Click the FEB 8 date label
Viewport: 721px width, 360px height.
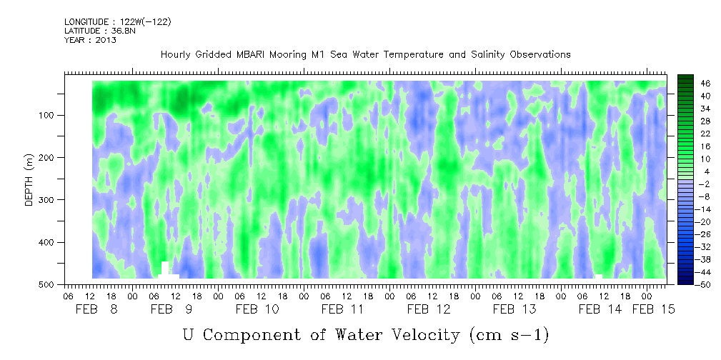click(x=96, y=309)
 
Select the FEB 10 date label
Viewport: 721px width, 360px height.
click(x=257, y=309)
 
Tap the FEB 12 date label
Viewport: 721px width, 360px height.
click(x=429, y=309)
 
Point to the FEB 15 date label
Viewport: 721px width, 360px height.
click(x=653, y=309)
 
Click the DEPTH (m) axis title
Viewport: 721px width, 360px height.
click(x=29, y=180)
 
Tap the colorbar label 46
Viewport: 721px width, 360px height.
click(x=692, y=84)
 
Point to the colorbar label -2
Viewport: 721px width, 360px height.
click(x=692, y=184)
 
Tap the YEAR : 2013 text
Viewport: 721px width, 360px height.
click(x=90, y=40)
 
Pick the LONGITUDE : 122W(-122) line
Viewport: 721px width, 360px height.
click(x=118, y=21)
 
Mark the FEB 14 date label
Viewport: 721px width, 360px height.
click(x=600, y=309)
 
